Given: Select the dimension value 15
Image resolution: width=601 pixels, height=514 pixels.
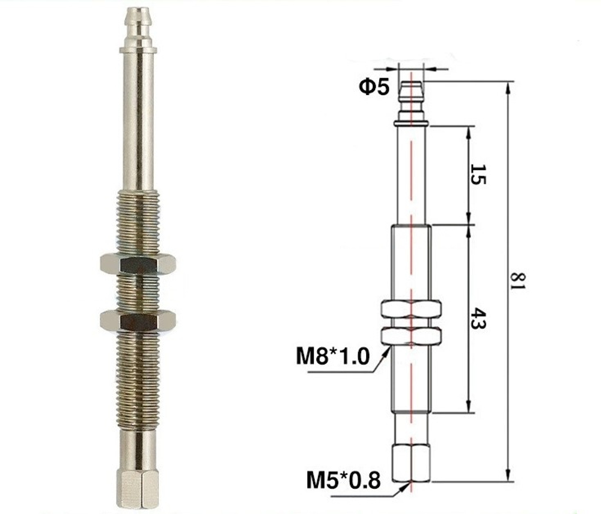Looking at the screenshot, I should click(478, 174).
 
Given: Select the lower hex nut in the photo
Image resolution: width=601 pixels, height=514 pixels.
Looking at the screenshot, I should click(138, 320).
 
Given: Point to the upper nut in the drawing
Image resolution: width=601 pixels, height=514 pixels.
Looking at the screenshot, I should click(412, 310).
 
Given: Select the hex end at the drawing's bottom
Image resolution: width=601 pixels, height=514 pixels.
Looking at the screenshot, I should click(412, 463).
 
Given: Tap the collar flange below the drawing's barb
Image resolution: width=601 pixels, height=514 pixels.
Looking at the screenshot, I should click(412, 123).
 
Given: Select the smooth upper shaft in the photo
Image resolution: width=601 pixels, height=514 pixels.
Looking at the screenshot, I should click(138, 120).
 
